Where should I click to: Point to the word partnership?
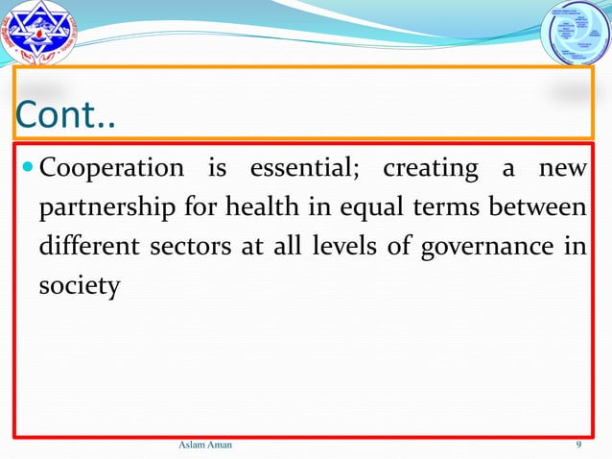coord(106,208)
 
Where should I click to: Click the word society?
coord(79,286)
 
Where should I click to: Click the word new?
coord(563,168)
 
